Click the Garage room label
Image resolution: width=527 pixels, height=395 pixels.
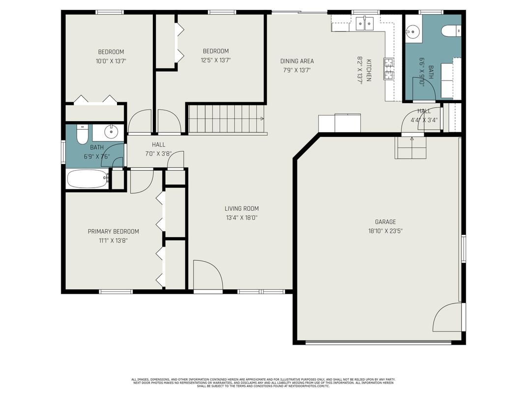[x=385, y=222]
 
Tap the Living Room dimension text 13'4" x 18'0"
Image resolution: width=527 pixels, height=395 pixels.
[x=242, y=218]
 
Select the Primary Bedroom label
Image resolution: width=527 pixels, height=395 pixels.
[x=113, y=231]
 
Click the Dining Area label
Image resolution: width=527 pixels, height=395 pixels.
[x=297, y=61]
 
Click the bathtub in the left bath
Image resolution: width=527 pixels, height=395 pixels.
[x=87, y=179]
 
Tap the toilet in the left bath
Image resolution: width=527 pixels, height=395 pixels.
[x=83, y=134]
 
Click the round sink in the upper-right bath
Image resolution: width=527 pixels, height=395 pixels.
[x=413, y=32]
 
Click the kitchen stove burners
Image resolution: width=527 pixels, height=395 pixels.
[x=389, y=68]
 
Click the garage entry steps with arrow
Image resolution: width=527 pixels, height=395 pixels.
[x=411, y=147]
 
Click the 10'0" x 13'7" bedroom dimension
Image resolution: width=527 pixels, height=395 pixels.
[x=111, y=61]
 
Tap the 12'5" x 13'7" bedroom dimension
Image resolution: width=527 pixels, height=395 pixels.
[x=216, y=60]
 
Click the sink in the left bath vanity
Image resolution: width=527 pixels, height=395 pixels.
[x=112, y=132]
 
